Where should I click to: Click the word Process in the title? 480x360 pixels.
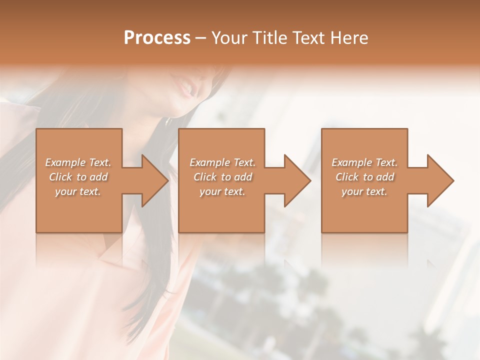pos(157,38)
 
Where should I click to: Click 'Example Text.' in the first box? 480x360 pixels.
pos(78,162)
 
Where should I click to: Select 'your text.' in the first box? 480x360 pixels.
pos(78,191)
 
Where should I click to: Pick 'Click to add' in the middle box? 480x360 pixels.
pos(222,177)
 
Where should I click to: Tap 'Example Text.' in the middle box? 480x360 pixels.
pos(222,162)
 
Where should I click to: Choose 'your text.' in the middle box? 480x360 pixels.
pos(222,191)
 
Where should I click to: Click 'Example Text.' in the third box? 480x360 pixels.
pos(364,162)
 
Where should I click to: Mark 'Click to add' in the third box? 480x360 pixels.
pos(364,177)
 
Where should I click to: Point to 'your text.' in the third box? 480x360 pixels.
pos(364,191)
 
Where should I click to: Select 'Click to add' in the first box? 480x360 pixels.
pos(78,177)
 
